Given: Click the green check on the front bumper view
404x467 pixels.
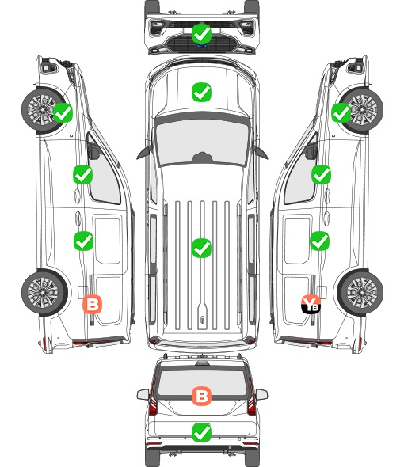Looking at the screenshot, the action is tap(201, 33).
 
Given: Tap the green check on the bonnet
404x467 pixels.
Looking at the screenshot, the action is tap(201, 92).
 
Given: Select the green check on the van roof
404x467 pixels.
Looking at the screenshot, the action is tap(201, 248).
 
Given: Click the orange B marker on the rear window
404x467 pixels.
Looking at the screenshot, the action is tap(201, 396).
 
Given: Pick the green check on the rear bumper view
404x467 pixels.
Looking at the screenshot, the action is tap(201, 432).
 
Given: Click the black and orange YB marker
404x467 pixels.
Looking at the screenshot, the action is tap(311, 304).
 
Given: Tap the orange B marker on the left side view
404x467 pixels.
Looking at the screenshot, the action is tap(93, 304).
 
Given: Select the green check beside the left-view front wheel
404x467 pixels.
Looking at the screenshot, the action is tap(63, 112).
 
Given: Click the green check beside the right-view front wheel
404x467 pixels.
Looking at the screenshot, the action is tap(341, 112).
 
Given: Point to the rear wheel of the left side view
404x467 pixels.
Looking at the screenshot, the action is tap(44, 292).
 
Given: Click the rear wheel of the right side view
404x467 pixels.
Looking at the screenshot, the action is tap(360, 292).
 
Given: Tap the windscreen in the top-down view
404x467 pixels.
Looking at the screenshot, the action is tap(202, 141).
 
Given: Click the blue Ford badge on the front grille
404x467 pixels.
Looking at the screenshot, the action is tap(201, 46).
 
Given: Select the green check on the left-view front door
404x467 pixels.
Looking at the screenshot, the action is tap(82, 174).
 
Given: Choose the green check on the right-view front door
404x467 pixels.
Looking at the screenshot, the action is tap(321, 174).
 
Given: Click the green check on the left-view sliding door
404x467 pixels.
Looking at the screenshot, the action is tap(83, 241).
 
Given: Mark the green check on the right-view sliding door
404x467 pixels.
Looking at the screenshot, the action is tap(319, 241).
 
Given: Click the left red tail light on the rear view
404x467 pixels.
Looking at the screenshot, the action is tap(153, 397).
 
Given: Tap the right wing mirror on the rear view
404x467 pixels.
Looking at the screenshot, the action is tap(261, 394).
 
